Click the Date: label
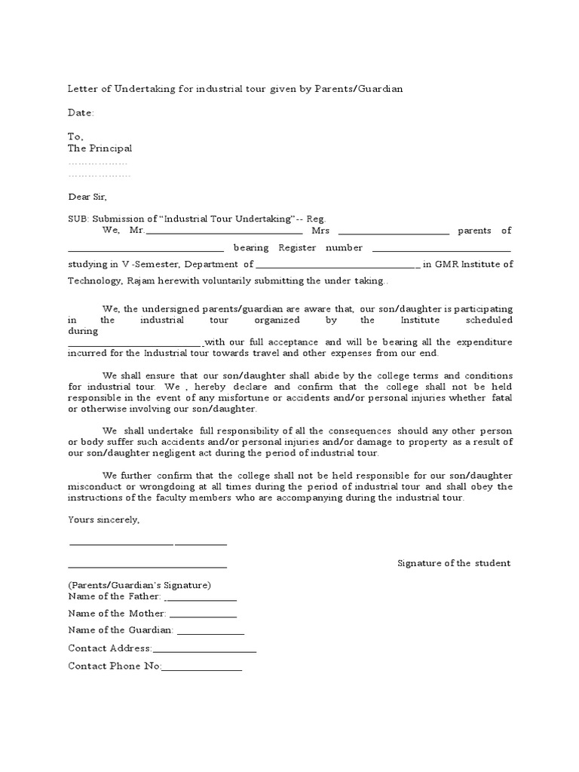[x=81, y=113]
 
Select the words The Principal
[x=100, y=149]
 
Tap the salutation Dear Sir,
[x=87, y=197]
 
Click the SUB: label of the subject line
[x=78, y=218]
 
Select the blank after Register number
[x=441, y=250]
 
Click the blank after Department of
[x=338, y=266]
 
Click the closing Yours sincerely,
[x=103, y=519]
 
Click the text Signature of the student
[x=454, y=563]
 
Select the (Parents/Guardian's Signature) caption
[x=139, y=585]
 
